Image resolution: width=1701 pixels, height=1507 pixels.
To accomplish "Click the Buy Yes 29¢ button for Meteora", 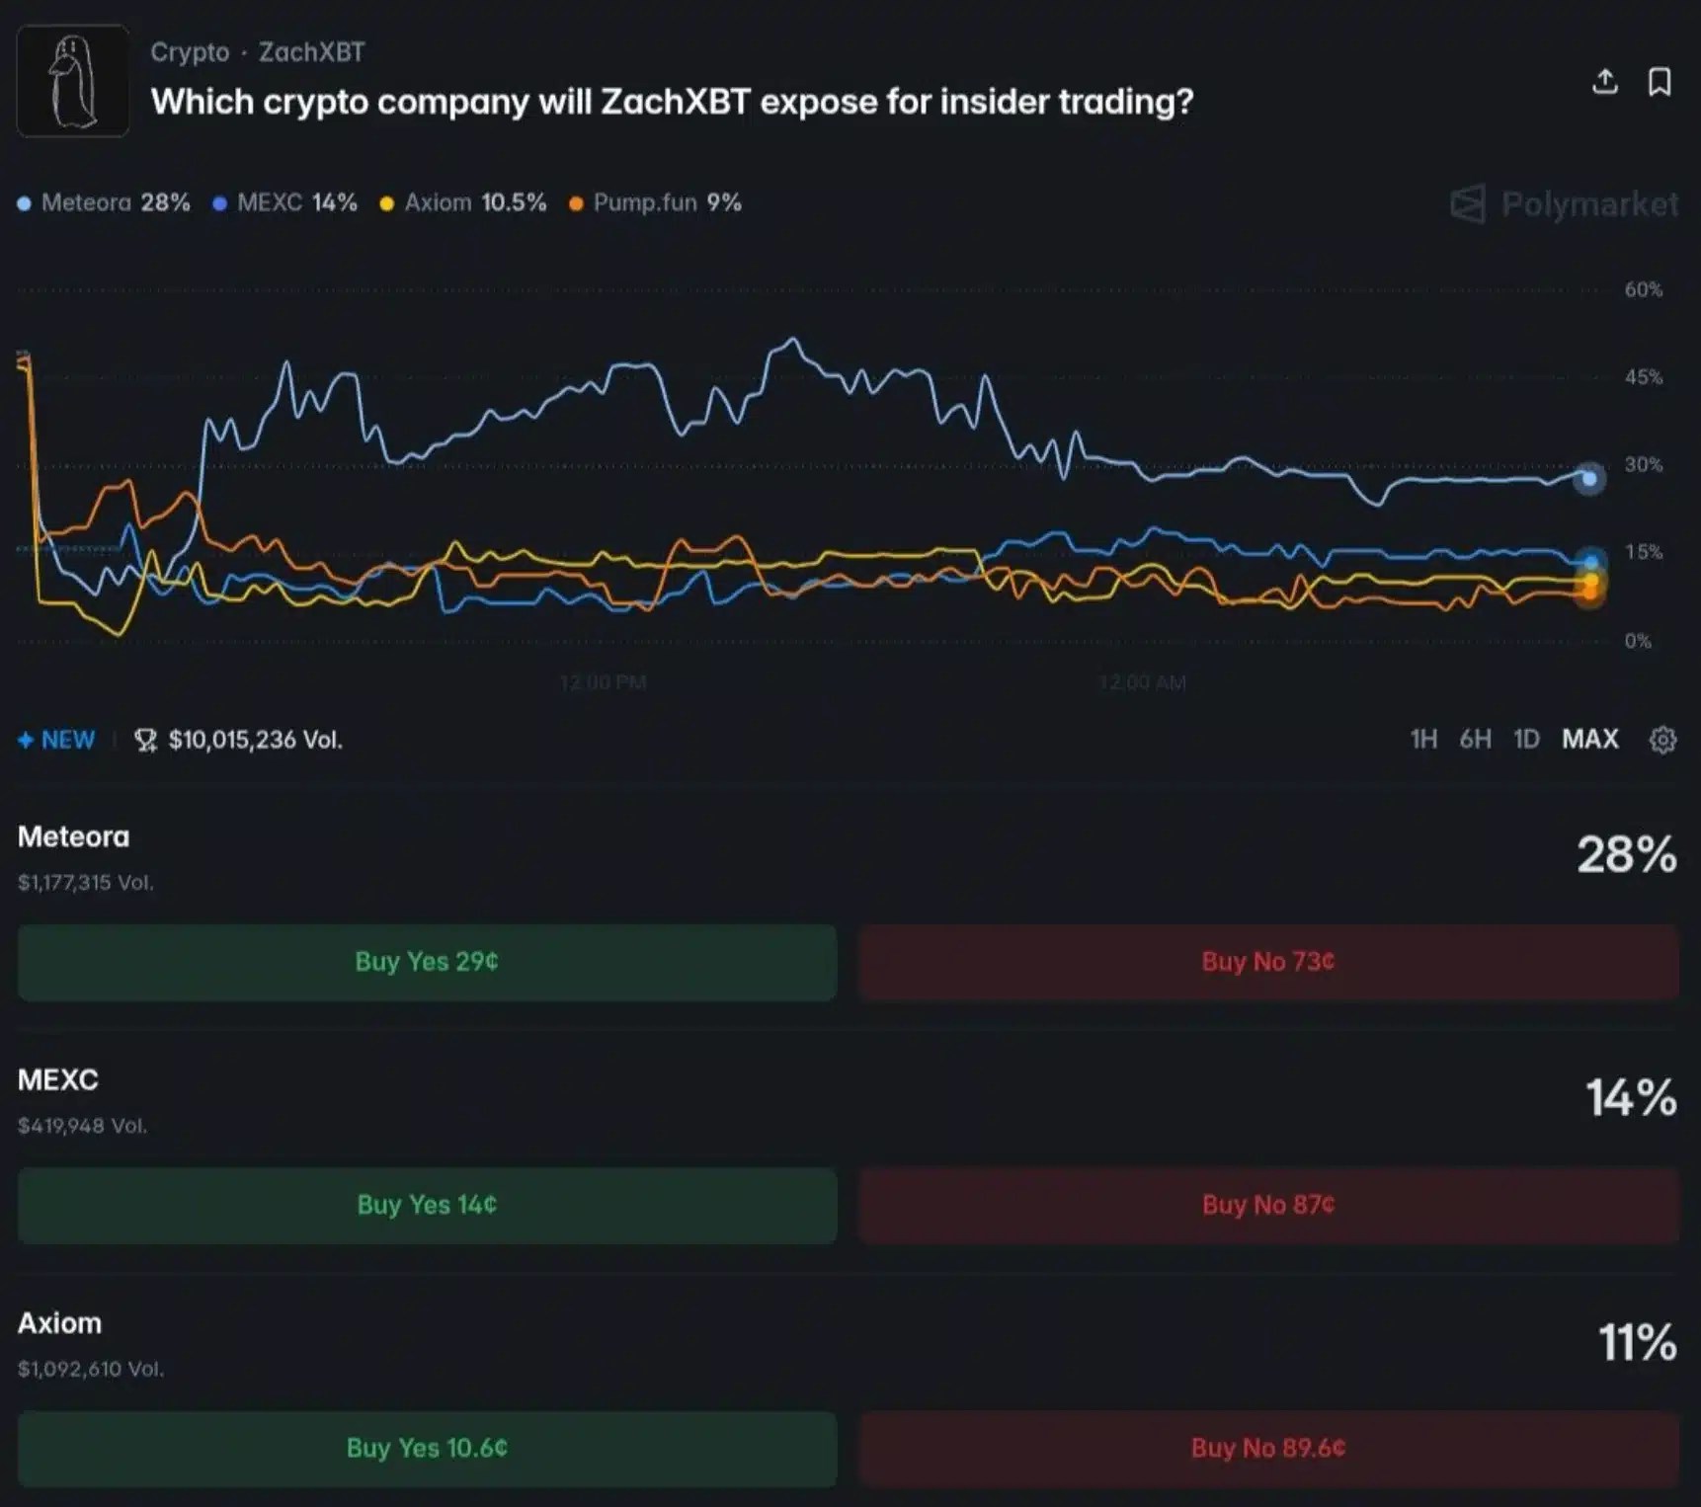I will tap(427, 962).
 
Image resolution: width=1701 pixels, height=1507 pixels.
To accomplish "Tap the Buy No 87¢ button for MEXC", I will tap(1268, 1205).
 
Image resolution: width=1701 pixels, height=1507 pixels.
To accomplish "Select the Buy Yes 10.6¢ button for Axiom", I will tap(427, 1448).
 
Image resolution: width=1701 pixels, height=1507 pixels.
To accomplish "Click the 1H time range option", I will tap(1423, 740).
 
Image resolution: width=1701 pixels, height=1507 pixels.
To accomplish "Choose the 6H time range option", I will tap(1475, 740).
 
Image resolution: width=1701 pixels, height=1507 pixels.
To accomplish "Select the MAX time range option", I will tap(1589, 740).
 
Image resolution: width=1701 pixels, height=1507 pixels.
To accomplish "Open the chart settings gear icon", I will tap(1662, 740).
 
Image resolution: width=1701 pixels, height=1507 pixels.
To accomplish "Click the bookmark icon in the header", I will tap(1660, 82).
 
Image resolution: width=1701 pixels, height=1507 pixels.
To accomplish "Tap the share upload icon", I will tap(1605, 82).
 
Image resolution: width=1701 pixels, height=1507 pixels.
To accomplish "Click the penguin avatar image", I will tap(73, 81).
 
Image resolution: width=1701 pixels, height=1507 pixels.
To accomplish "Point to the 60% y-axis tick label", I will tap(1643, 290).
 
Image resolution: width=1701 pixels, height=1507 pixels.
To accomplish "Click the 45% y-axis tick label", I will tap(1643, 377).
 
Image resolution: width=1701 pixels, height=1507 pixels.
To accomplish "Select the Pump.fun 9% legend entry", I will tap(655, 203).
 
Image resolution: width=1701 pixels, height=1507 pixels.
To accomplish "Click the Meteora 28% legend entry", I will tap(104, 203).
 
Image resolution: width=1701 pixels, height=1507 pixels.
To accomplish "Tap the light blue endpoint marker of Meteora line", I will tap(1588, 479).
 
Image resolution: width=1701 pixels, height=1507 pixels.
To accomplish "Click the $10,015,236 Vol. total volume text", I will tap(254, 740).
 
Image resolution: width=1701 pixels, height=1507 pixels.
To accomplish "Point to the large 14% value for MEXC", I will tap(1630, 1098).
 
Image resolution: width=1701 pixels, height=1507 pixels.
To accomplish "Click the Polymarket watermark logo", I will tap(1564, 204).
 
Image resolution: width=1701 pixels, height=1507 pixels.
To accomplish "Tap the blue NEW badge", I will tap(57, 740).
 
